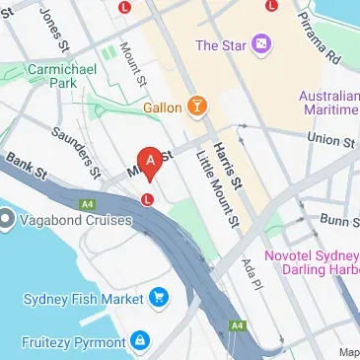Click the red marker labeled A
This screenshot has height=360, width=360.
click(149, 161)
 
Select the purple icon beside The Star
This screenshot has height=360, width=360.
click(260, 44)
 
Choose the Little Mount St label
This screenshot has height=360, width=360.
click(218, 193)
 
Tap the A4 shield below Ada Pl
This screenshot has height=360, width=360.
click(237, 324)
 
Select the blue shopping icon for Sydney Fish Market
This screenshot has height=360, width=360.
click(158, 295)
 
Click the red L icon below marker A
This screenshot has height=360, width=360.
click(147, 198)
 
